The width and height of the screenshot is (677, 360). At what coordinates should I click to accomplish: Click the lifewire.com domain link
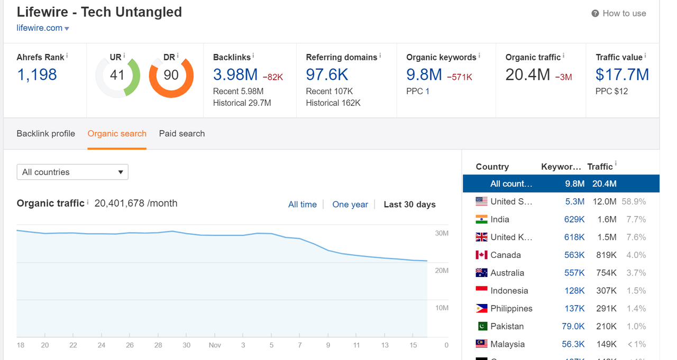40,28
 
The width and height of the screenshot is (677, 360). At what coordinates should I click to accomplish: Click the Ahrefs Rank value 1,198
37,75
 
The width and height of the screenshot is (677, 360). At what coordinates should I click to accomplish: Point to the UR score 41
117,75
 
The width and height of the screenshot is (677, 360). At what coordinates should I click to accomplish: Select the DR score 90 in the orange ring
171,75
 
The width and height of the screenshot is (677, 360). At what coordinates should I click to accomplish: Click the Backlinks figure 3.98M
235,75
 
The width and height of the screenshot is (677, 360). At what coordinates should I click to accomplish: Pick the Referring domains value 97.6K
327,75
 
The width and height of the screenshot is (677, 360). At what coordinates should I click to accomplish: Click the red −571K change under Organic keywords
460,77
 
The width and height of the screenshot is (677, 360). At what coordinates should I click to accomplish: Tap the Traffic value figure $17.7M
622,75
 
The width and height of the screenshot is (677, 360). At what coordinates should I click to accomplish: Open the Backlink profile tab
45,134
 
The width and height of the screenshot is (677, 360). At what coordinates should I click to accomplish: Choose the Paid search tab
182,134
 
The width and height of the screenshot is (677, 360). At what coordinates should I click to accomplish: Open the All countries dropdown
72,172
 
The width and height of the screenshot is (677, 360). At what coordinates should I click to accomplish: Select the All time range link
302,205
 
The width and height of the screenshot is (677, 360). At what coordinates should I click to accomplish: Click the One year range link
350,205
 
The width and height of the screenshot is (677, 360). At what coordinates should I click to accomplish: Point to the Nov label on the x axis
215,345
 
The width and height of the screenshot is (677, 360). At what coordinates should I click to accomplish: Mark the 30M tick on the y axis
442,233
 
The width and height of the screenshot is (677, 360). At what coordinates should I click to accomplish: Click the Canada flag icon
481,255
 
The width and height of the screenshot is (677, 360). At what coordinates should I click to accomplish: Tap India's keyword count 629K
574,219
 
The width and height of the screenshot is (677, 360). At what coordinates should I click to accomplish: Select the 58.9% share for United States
634,201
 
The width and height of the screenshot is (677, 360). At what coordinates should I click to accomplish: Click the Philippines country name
511,308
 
